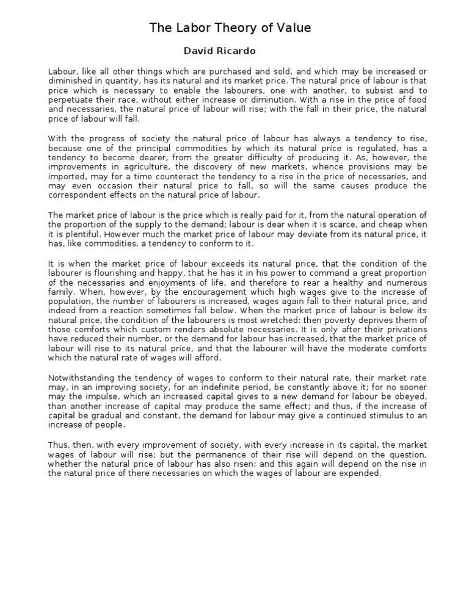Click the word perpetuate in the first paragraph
coord(69,100)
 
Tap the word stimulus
coord(382,415)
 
